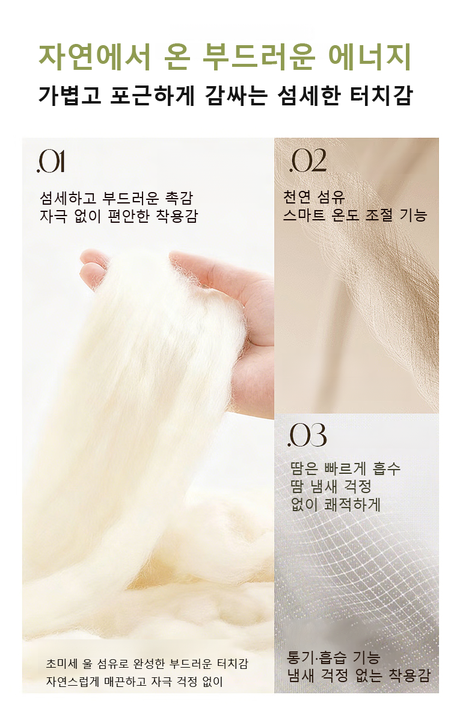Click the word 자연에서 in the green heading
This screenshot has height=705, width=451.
94,57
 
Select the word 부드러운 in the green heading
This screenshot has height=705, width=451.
259,57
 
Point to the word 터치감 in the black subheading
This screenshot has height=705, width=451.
381,95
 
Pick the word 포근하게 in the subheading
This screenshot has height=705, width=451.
152,95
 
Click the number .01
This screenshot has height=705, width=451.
51,162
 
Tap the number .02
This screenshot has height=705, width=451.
308,161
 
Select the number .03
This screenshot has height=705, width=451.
307,435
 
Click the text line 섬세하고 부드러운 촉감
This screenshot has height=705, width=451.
116,197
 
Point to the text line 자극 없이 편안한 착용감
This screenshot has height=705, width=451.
118,216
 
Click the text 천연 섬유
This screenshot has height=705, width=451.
313,196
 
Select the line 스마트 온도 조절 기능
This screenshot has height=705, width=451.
355,215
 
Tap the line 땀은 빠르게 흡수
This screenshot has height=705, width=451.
345,468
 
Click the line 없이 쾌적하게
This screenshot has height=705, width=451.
336,505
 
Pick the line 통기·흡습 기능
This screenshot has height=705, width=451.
334,657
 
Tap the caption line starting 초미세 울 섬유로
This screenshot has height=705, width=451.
147,663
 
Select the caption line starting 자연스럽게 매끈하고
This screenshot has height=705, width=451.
134,682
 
